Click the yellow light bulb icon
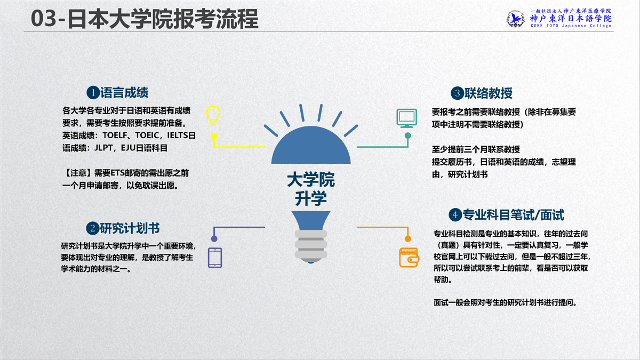click(213, 116)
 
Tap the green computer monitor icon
click(407, 118)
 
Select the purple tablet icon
click(215, 258)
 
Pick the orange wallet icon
click(409, 258)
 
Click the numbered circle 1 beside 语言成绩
click(93, 93)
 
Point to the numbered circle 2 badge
click(93, 228)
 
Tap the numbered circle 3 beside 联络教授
click(457, 93)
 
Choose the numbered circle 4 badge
click(455, 215)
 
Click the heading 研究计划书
click(130, 228)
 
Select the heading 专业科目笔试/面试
click(514, 215)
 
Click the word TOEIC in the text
click(147, 135)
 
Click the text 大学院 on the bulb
click(311, 179)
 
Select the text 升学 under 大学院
click(311, 198)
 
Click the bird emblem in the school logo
click(516, 19)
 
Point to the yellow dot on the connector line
click(214, 137)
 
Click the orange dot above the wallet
click(407, 238)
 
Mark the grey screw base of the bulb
click(311, 246)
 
